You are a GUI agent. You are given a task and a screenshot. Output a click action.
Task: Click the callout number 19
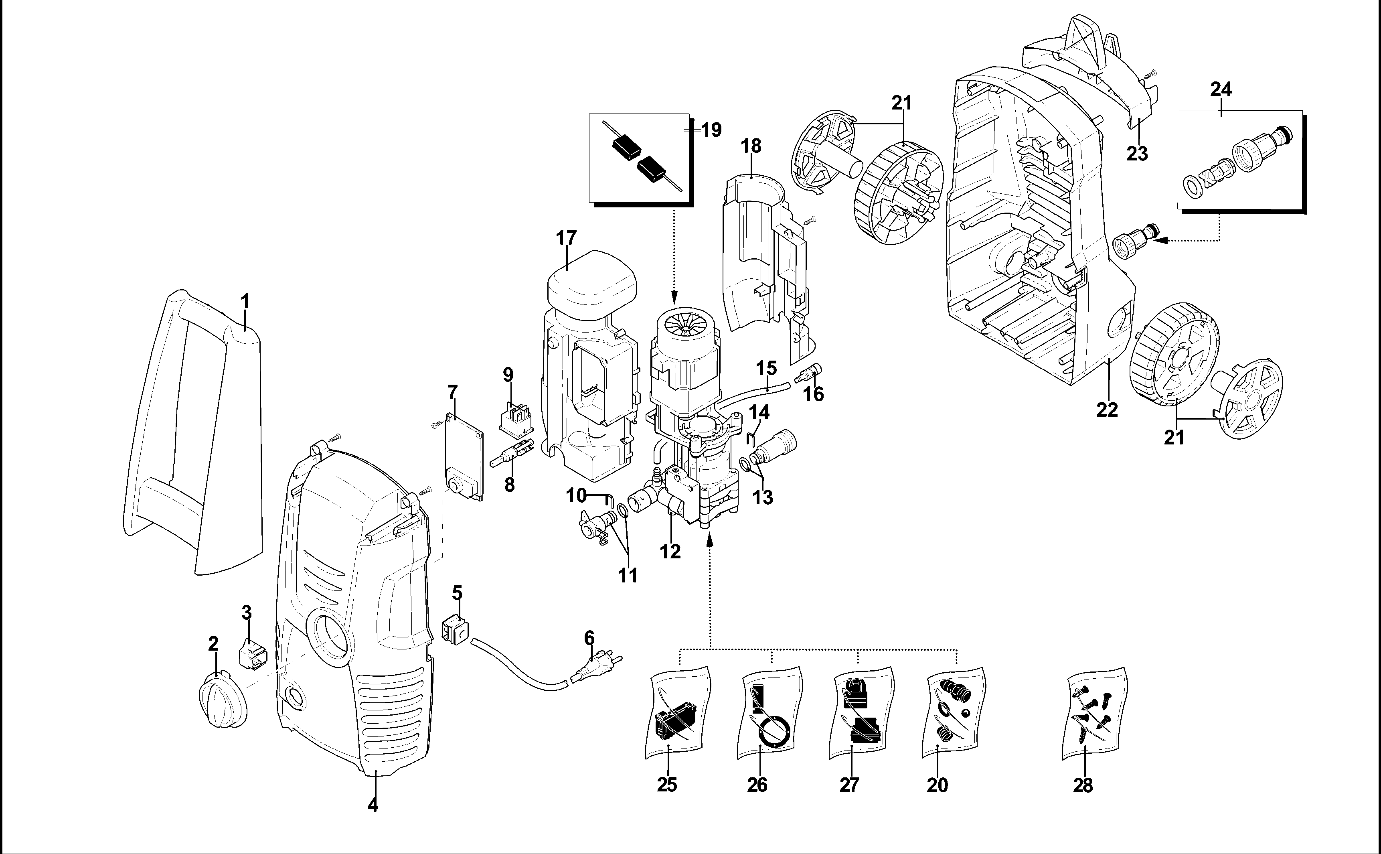[711, 130]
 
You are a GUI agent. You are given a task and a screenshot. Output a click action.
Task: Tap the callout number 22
[1107, 410]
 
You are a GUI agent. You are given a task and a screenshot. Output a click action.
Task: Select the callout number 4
[373, 805]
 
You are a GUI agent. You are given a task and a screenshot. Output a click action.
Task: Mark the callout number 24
[1221, 89]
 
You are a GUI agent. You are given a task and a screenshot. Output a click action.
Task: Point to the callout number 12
[670, 551]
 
